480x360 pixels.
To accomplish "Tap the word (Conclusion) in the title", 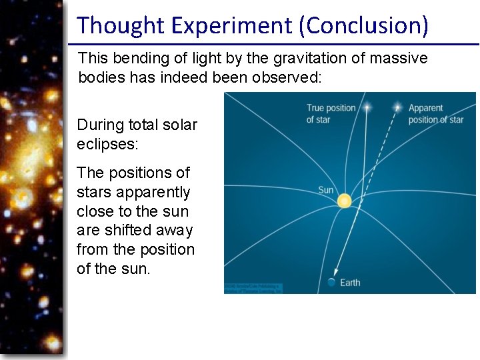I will (x=364, y=25).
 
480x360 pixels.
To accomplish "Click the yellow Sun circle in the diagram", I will (x=344, y=200).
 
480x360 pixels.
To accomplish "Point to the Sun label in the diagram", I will (x=325, y=190).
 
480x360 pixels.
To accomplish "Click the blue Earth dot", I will (x=331, y=283).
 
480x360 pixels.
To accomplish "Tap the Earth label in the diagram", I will (x=350, y=283).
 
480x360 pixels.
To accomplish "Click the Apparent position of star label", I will (x=435, y=113).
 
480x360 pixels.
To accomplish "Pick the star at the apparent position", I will (x=398, y=107).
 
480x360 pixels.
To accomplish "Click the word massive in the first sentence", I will (x=400, y=59).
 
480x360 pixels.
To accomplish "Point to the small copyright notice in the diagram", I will (x=253, y=288).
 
